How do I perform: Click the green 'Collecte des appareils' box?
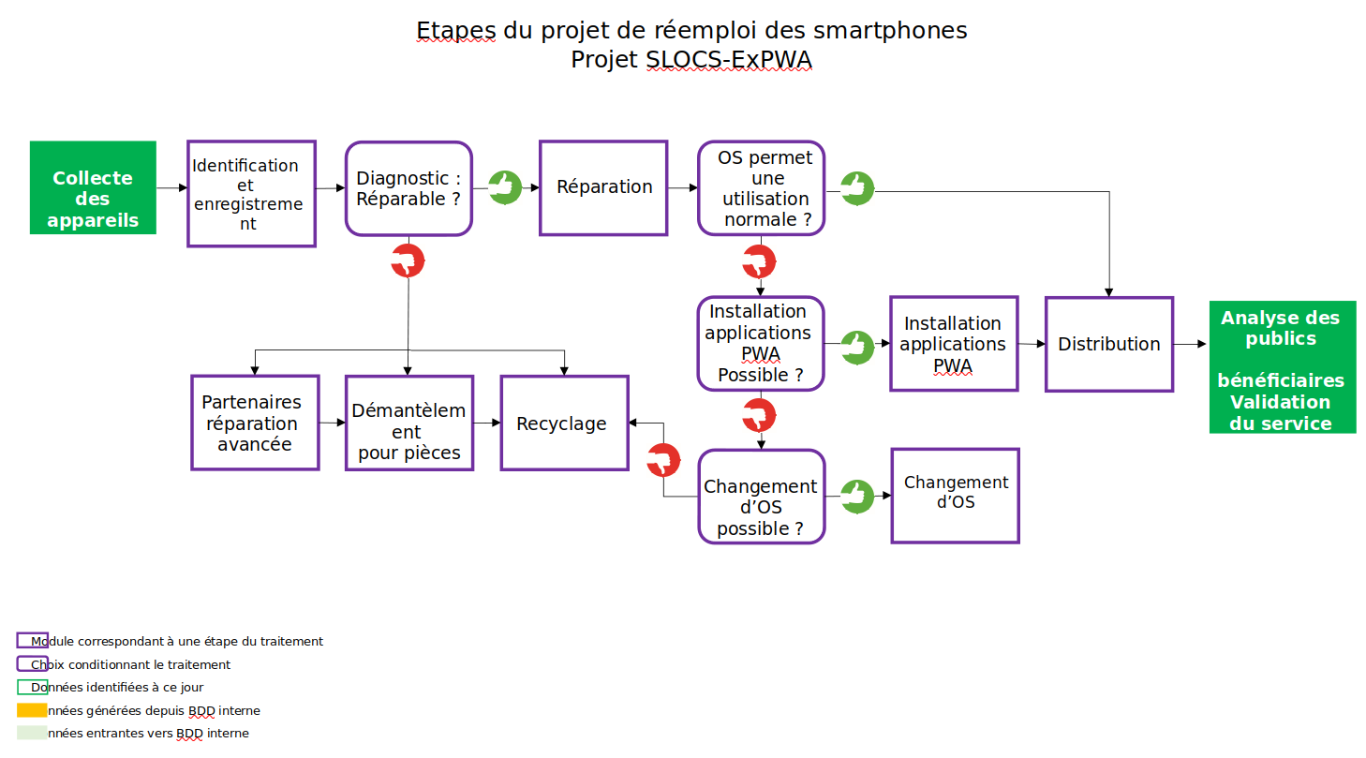93,187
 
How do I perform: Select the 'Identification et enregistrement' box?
251,194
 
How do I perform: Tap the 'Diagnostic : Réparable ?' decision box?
408,188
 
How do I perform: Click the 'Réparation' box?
603,187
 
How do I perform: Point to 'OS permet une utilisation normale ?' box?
762,188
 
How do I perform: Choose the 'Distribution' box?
1109,344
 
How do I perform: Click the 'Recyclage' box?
564,424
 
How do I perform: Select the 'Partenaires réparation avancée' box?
255,423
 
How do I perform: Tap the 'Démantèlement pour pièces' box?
409,424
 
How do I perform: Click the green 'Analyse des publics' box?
1282,367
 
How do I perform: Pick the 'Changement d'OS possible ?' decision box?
762,497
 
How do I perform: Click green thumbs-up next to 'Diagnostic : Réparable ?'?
505,187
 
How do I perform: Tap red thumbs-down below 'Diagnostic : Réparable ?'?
408,260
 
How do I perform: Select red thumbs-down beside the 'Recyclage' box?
663,460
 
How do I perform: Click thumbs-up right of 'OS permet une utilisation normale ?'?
856,188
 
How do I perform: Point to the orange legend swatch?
32,710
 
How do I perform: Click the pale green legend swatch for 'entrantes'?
32,733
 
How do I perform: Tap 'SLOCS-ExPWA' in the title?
729,60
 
